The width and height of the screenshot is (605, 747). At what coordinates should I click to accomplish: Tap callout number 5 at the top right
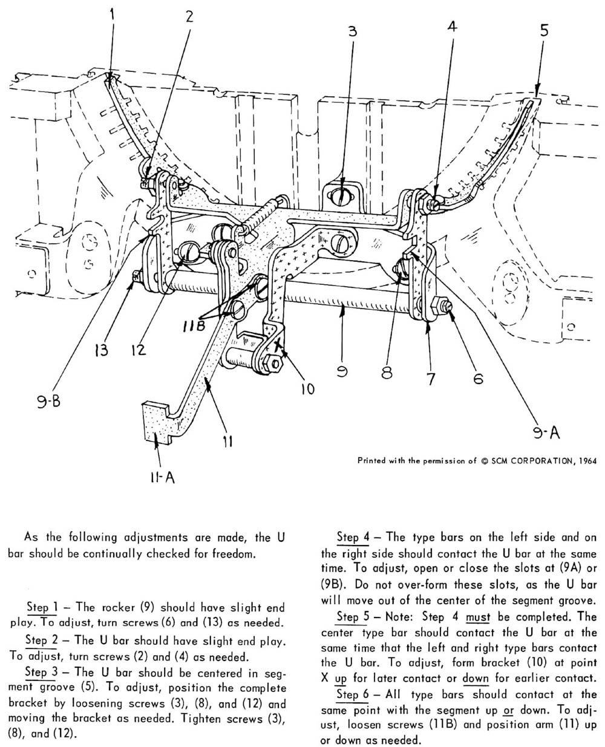tap(544, 30)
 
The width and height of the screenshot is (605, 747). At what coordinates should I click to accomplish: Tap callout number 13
tap(103, 349)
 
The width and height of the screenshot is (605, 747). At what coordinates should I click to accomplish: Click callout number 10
tap(307, 388)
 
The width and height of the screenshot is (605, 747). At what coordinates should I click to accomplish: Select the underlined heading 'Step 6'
tap(356, 694)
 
